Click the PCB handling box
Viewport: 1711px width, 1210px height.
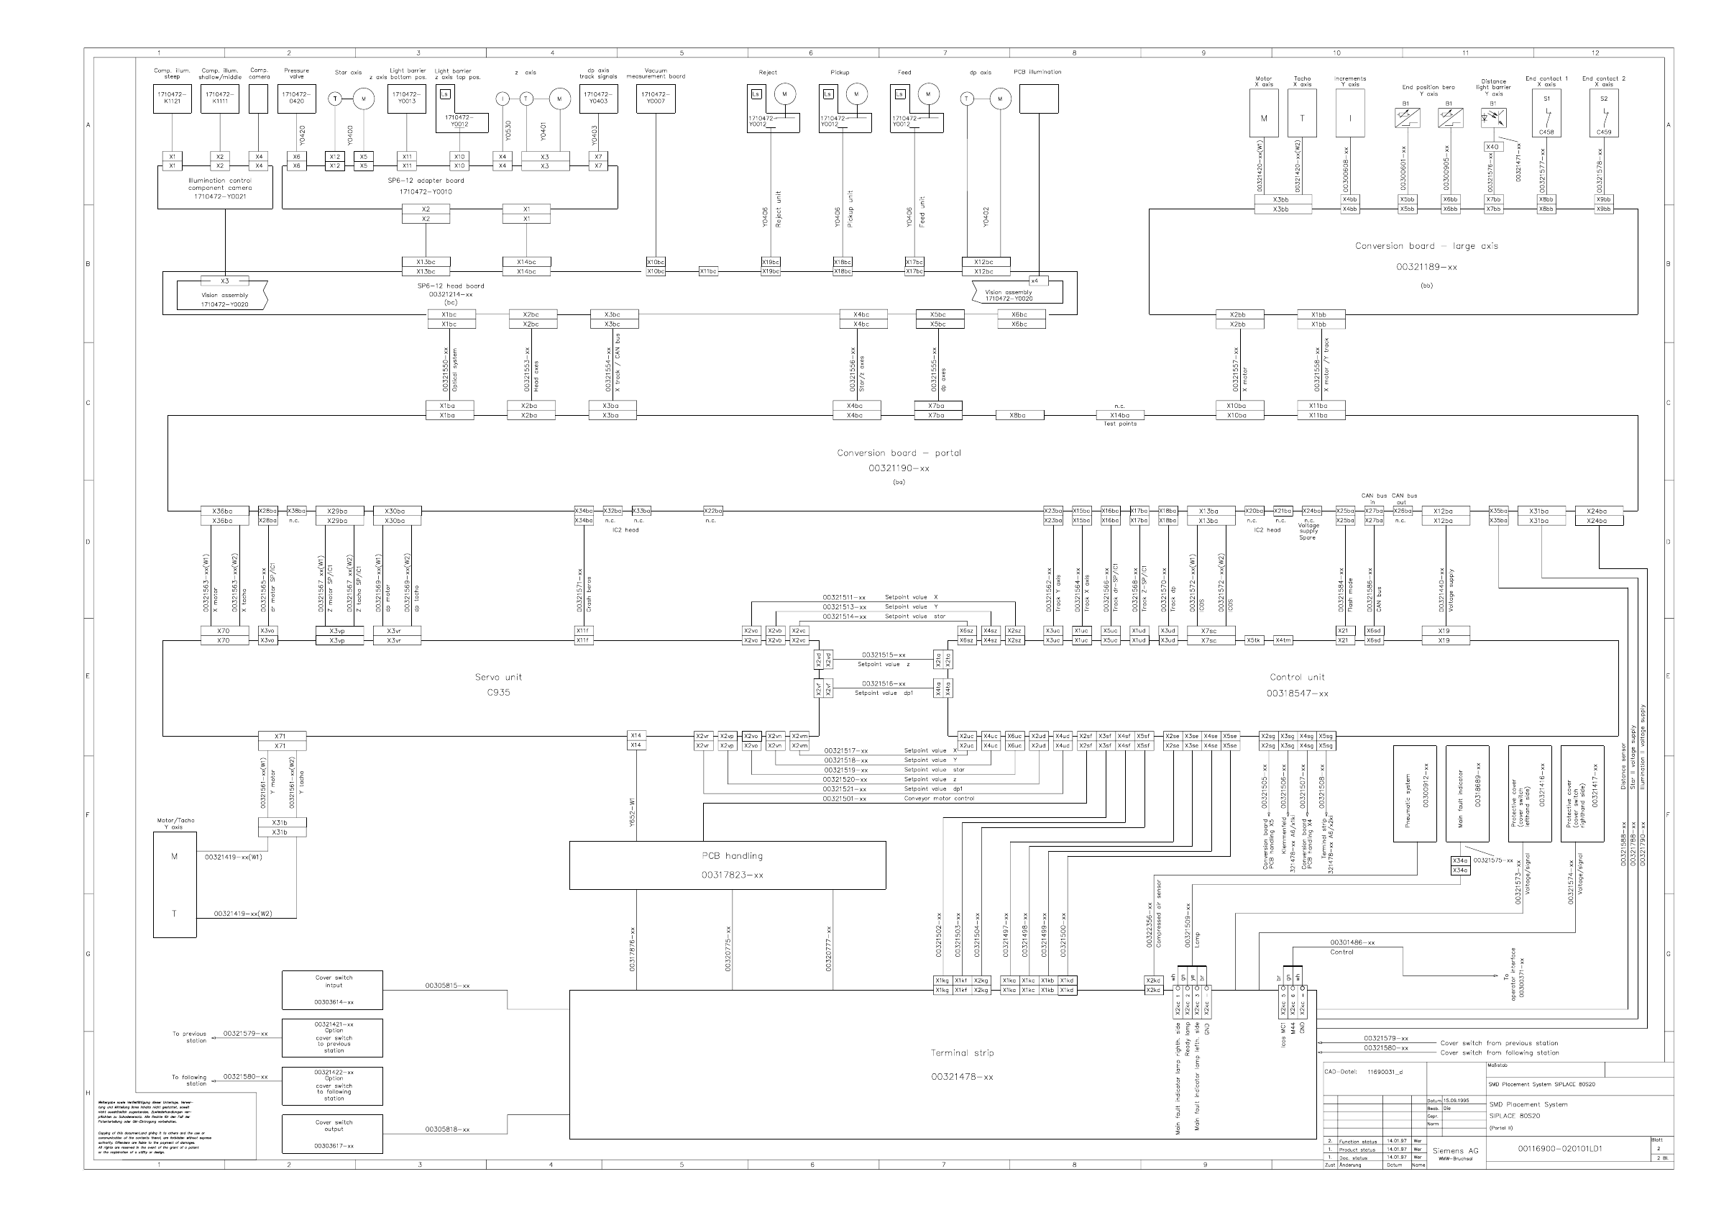[x=728, y=865]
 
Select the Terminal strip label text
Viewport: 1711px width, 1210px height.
[x=961, y=1052]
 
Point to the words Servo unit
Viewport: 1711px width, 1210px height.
[x=497, y=677]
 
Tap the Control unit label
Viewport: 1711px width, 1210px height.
[x=1297, y=677]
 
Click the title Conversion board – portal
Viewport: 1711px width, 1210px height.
[x=899, y=452]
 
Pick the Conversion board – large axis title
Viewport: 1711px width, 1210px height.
[x=1426, y=246]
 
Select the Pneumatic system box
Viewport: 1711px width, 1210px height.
[x=1414, y=793]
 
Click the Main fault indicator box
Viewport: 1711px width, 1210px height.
[x=1467, y=793]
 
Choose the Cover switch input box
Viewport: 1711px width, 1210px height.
[x=332, y=989]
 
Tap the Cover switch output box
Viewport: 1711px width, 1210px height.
[x=332, y=1133]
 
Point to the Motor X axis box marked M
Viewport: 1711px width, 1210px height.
[x=1263, y=114]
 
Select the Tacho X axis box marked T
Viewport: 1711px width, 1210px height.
[x=1302, y=114]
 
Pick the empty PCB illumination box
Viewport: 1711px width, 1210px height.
[x=1038, y=99]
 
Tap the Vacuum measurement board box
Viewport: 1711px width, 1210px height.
[x=656, y=99]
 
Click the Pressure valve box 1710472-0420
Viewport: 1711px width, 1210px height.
[x=297, y=99]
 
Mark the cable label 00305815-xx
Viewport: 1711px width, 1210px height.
[x=447, y=986]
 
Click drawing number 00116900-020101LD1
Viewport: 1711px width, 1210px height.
[x=1559, y=1148]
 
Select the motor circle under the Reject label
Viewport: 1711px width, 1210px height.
[x=784, y=94]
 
